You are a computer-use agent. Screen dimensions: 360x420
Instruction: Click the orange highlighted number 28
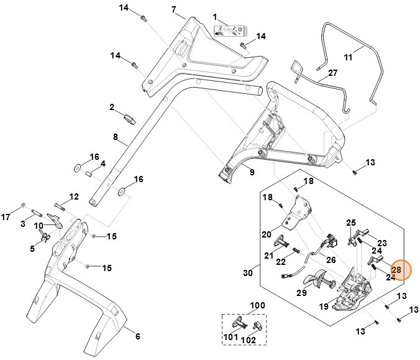point(396,269)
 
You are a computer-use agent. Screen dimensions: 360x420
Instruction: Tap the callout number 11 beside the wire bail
point(348,57)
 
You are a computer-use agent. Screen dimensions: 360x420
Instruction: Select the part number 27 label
point(333,73)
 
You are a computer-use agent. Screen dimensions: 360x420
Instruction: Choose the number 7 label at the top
point(174,10)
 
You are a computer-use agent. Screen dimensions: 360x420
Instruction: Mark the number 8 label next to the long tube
point(115,136)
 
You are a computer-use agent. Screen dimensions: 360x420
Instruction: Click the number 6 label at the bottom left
point(137,336)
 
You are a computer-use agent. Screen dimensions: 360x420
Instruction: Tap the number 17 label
point(6,217)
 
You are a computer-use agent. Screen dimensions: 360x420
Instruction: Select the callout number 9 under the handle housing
point(252,172)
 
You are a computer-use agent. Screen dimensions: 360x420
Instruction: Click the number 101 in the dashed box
point(230,337)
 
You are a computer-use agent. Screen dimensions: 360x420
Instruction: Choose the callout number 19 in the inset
point(323,305)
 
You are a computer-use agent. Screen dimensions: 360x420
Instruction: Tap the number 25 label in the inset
point(351,223)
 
